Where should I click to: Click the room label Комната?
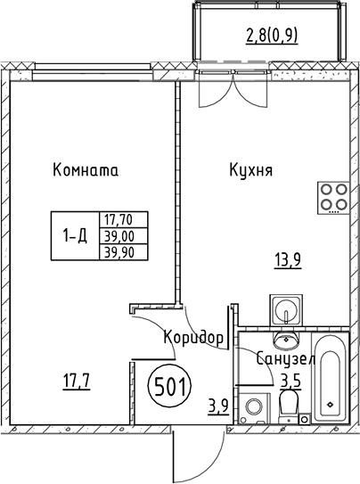(86, 169)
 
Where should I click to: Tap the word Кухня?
(250, 169)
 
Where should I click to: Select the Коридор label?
(193, 338)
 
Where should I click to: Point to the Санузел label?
(285, 358)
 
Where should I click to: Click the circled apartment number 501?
(170, 387)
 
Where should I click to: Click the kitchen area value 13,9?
(288, 261)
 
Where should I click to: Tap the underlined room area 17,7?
(77, 381)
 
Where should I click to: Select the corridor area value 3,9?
(218, 406)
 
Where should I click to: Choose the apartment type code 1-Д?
(75, 236)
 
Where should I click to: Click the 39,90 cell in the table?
(124, 252)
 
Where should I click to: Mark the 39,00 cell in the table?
(124, 236)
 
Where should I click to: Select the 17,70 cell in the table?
(124, 220)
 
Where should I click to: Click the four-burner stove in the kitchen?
(333, 198)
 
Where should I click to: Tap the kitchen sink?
(286, 309)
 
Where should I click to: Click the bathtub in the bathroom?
(330, 378)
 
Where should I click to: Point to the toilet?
(289, 406)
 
